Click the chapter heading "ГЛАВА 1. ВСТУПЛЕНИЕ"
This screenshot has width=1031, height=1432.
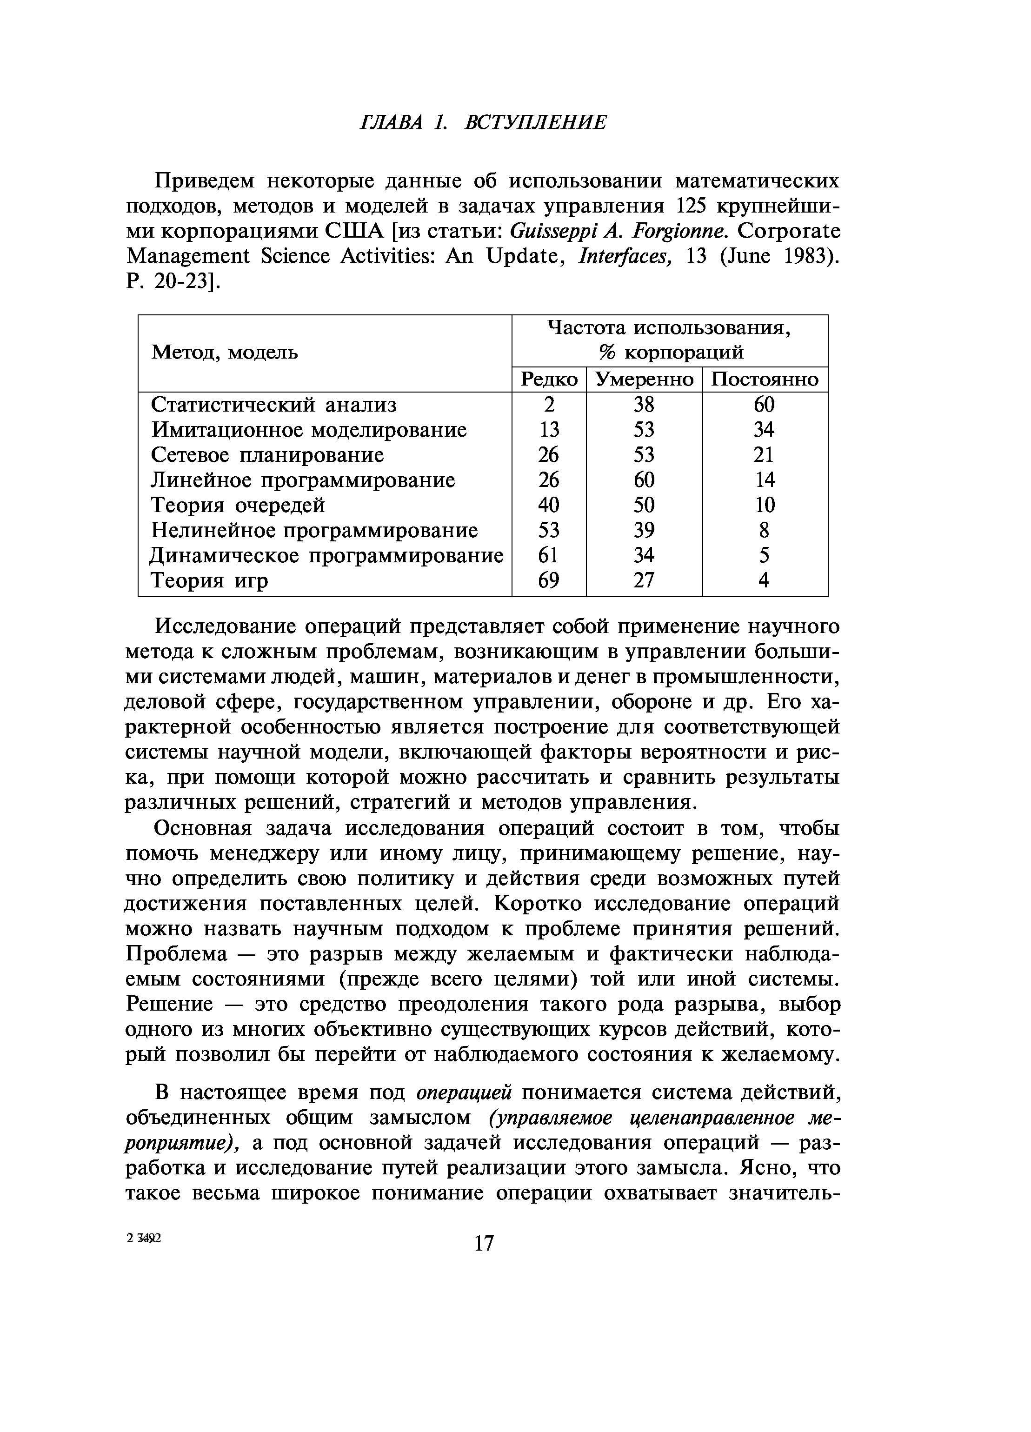(x=483, y=122)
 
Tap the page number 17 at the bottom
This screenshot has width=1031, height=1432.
(x=484, y=1243)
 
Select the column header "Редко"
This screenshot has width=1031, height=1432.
(x=549, y=380)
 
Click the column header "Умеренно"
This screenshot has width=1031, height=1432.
(x=644, y=380)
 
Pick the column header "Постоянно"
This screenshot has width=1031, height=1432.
(x=765, y=380)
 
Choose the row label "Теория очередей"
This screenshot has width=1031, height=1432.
(x=238, y=505)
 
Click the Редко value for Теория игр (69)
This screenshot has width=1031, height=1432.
(x=549, y=580)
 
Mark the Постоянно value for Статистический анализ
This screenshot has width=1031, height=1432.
(x=764, y=405)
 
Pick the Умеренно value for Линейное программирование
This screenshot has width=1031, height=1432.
(x=644, y=480)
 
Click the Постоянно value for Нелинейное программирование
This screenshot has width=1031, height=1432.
(x=764, y=530)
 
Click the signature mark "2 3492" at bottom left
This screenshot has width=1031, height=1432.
(x=144, y=1239)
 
